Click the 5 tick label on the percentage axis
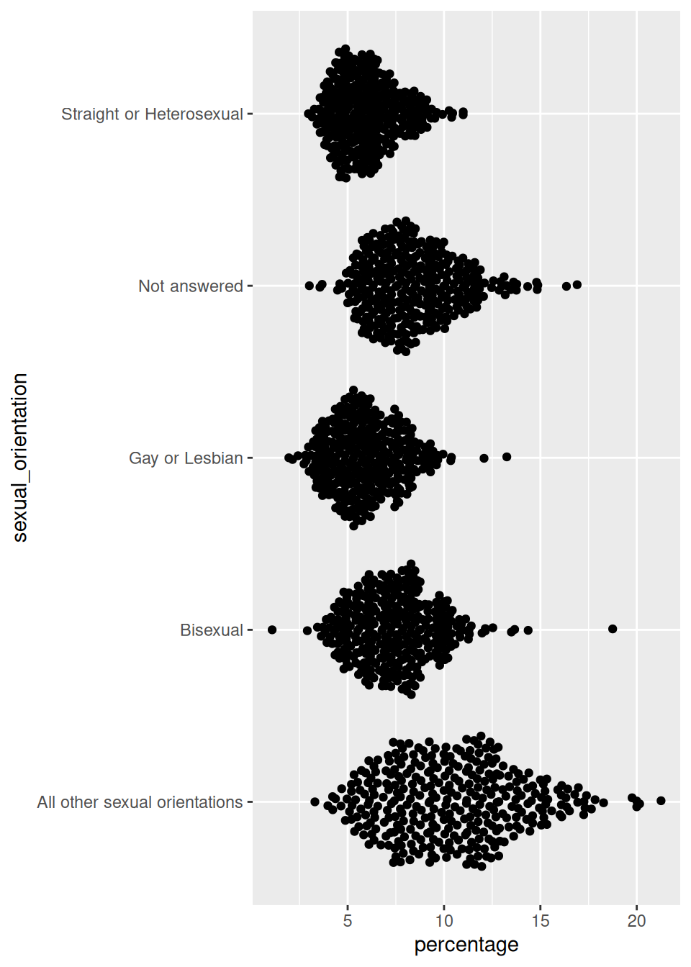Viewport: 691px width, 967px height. [x=348, y=921]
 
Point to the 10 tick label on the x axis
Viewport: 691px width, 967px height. [x=444, y=921]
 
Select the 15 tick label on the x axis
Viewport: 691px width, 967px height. [x=541, y=921]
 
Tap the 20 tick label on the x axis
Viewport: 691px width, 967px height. [x=636, y=921]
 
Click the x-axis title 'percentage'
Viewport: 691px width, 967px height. [x=466, y=945]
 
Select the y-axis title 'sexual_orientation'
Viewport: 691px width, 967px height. [x=20, y=458]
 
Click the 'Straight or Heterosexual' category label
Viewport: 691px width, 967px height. [x=152, y=114]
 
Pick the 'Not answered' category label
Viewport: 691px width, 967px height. [x=191, y=286]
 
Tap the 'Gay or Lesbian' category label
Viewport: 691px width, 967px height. [x=186, y=458]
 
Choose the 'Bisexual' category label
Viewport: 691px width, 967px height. [x=212, y=630]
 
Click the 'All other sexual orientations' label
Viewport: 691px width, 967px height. [x=140, y=802]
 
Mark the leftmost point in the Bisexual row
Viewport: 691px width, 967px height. [x=272, y=630]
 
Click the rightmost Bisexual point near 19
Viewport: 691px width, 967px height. [x=613, y=629]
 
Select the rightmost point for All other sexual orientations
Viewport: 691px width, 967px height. [x=661, y=801]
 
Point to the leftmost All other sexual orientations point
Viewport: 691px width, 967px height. [x=315, y=802]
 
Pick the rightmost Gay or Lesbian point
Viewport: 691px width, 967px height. [x=507, y=457]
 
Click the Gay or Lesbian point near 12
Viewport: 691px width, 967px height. [x=484, y=458]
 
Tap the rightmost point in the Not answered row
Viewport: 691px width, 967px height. [x=577, y=285]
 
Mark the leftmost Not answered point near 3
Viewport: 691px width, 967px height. [x=310, y=286]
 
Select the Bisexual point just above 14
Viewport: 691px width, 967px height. [x=528, y=630]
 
